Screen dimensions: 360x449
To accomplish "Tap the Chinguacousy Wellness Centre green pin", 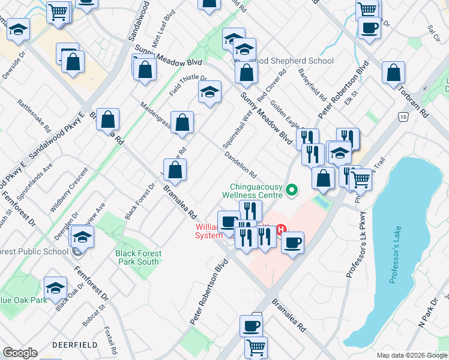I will click(x=292, y=191).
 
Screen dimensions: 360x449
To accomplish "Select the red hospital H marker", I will click(x=281, y=229).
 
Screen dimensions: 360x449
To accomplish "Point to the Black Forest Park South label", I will click(x=138, y=257).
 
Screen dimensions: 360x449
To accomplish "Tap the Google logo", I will click(x=20, y=353).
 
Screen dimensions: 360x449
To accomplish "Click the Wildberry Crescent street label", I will click(x=65, y=195).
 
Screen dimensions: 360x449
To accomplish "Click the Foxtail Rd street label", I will click(x=110, y=340).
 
